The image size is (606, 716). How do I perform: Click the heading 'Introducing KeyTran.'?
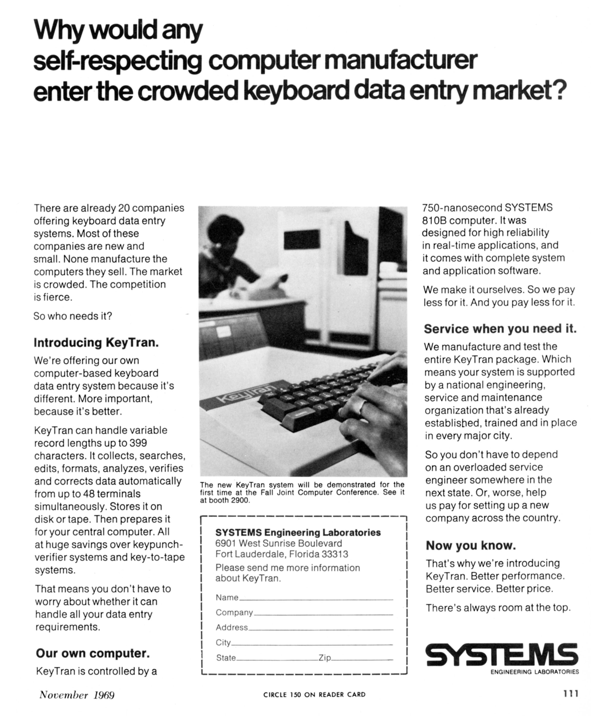96,343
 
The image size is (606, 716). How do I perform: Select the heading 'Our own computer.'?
93,653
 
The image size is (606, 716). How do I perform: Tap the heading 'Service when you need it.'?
500,329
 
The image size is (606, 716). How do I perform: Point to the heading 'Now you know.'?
471,546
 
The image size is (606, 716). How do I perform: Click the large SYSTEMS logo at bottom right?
501,654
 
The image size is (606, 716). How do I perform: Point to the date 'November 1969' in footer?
77,695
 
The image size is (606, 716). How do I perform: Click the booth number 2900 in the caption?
239,500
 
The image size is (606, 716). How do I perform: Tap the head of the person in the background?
225,230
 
